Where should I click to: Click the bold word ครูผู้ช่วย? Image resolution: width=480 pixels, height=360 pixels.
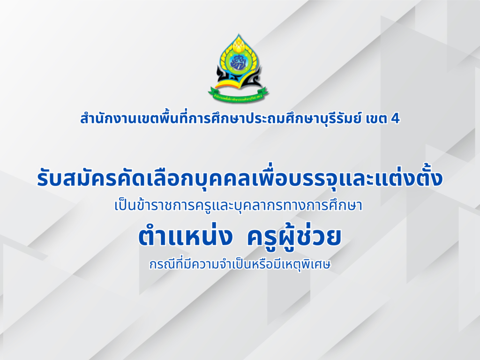coord(294,236)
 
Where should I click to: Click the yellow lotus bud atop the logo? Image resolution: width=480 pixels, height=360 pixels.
coord(239,45)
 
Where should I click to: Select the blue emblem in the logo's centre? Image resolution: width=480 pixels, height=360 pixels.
coord(240,62)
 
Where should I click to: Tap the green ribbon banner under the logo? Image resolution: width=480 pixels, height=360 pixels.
coord(239,95)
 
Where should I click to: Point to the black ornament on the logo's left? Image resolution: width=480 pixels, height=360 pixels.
coord(221,77)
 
